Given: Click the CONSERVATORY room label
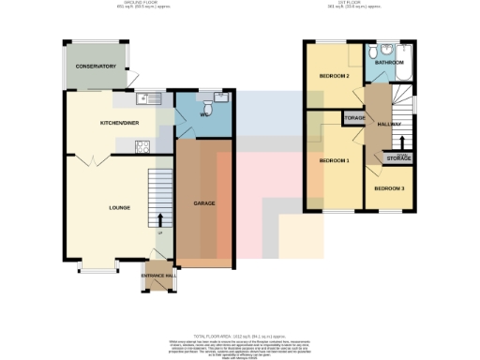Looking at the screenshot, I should [96, 67].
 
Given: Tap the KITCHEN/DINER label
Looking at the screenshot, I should [119, 123].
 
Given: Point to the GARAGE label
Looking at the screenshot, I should [204, 202].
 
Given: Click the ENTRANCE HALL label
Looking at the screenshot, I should [157, 275].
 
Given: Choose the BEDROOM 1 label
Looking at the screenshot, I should [334, 160].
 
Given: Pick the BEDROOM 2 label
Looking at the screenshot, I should [335, 76].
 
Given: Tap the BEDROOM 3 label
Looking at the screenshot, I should [389, 189].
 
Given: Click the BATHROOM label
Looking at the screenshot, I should [388, 63].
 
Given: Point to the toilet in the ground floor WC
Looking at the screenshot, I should [210, 110].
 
